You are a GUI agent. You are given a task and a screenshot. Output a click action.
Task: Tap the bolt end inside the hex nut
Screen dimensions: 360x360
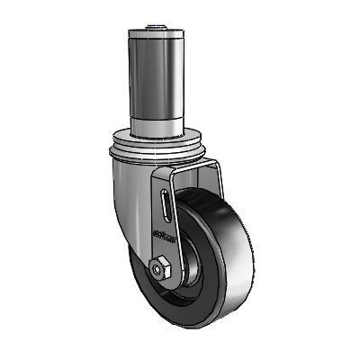pos(160,267)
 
